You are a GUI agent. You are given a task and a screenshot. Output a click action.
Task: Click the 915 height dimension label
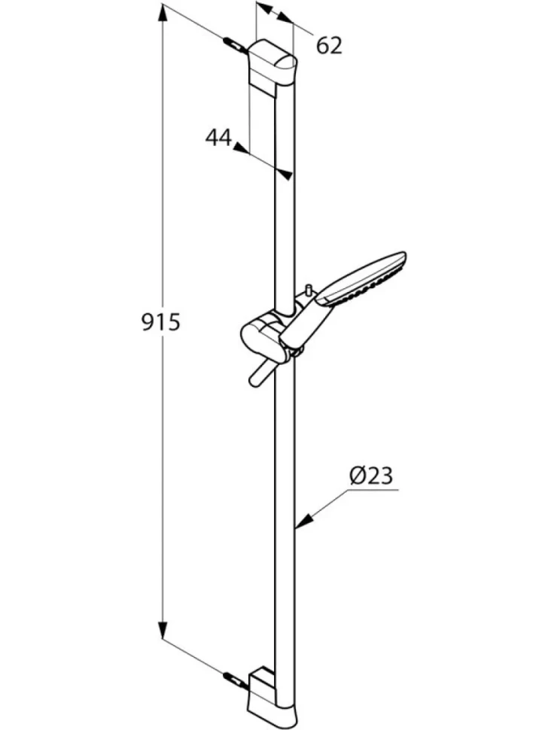160,322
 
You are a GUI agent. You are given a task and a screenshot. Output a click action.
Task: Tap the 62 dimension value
329,46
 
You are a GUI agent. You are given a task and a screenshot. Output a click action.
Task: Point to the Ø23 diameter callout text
370,476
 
